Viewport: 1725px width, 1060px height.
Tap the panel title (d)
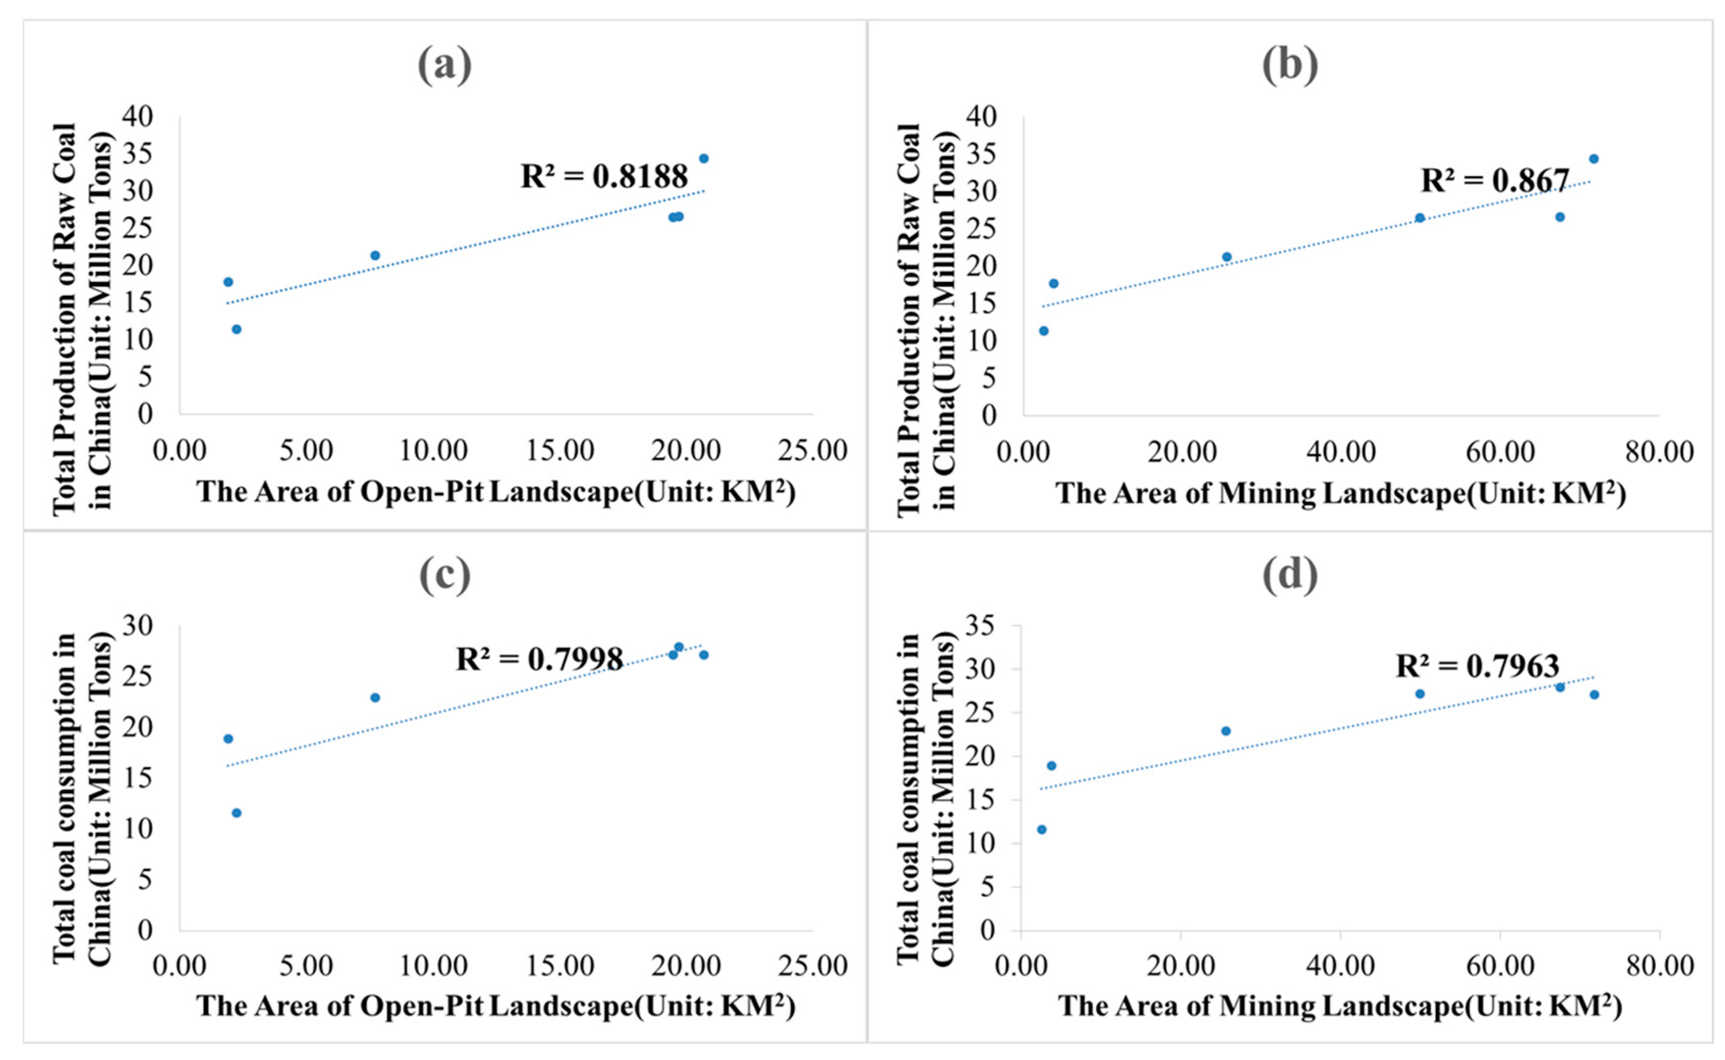pos(1290,574)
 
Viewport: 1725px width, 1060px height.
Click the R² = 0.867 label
pos(1494,180)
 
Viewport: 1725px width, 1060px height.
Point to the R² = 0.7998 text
pos(539,659)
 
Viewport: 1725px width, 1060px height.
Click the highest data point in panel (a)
pos(704,158)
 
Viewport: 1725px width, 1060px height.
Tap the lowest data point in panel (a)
pos(236,329)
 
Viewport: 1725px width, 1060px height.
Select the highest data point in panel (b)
pos(1593,158)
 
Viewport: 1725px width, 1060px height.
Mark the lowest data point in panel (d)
pos(1041,829)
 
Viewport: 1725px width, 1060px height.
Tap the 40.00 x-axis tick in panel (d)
pos(1340,965)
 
